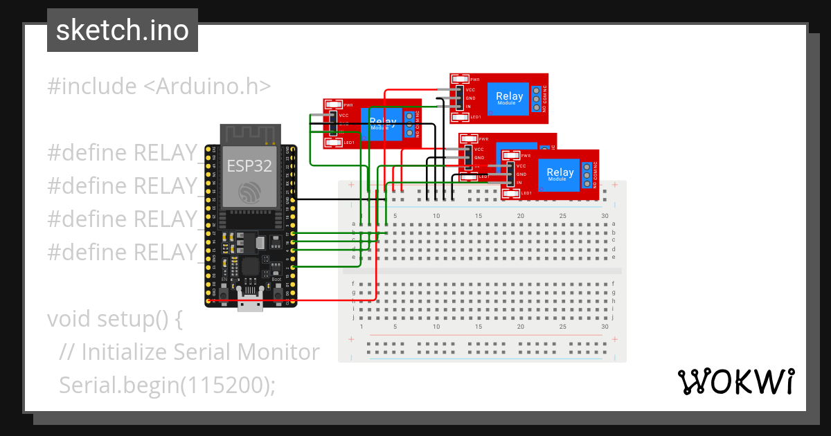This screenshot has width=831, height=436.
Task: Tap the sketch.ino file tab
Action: pyautogui.click(x=123, y=30)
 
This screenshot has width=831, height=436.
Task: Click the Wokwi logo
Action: pyautogui.click(x=735, y=381)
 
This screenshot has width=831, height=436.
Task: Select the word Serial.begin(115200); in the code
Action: pyautogui.click(x=167, y=385)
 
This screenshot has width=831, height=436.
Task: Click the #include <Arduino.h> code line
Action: pyautogui.click(x=159, y=87)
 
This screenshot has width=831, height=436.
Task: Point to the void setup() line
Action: pyautogui.click(x=114, y=319)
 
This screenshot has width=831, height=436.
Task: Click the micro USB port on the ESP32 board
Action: pyautogui.click(x=250, y=303)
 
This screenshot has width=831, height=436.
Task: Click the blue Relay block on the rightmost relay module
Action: pyautogui.click(x=560, y=174)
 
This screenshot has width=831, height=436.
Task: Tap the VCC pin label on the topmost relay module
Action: pyautogui.click(x=470, y=89)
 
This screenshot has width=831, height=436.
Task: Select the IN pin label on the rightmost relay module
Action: pyautogui.click(x=519, y=183)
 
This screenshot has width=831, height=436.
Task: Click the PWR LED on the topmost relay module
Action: pyautogui.click(x=459, y=79)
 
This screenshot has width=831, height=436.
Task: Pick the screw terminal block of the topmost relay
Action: pyautogui.click(x=536, y=98)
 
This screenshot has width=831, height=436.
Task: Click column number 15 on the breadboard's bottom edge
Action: pyautogui.click(x=479, y=327)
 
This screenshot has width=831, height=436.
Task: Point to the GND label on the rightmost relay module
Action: pyautogui.click(x=521, y=174)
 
